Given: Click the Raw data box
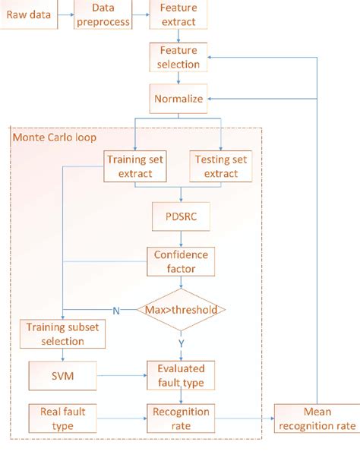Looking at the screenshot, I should [x=28, y=14].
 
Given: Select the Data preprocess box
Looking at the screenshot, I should [x=103, y=13].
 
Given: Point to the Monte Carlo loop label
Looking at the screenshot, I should [x=47, y=137].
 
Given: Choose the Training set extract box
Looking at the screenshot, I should [x=136, y=166].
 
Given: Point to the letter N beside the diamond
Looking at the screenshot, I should [x=115, y=311].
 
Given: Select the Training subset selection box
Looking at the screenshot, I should [x=62, y=333].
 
